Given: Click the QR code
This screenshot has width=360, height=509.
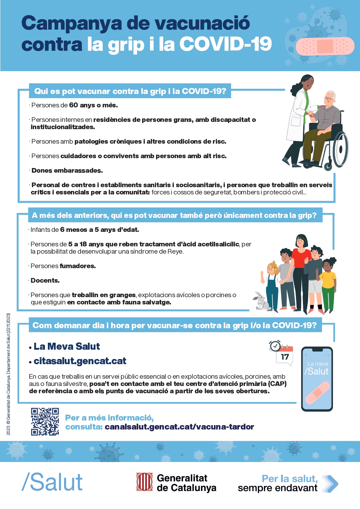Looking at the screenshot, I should pyautogui.click(x=45, y=421).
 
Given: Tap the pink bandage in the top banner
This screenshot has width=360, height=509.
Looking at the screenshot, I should pyautogui.click(x=325, y=46).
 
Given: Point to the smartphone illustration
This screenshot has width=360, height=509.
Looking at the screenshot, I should pyautogui.click(x=317, y=379).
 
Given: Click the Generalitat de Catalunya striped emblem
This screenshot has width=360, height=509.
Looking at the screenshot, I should pyautogui.click(x=144, y=482).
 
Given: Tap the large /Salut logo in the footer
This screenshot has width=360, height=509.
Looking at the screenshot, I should pyautogui.click(x=52, y=482).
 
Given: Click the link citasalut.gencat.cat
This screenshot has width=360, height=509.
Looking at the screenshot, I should pyautogui.click(x=80, y=361).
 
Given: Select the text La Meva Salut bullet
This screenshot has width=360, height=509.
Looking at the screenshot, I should pyautogui.click(x=67, y=346).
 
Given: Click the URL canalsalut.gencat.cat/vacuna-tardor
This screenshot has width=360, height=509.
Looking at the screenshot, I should pyautogui.click(x=179, y=427).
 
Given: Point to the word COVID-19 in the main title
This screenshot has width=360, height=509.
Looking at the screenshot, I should pyautogui.click(x=225, y=44).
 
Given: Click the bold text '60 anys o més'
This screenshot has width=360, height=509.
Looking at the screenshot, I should pyautogui.click(x=93, y=105).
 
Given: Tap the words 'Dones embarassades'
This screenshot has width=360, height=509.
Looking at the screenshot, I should pyautogui.click(x=67, y=171).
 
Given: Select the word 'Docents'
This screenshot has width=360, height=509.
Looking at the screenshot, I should pyautogui.click(x=45, y=281).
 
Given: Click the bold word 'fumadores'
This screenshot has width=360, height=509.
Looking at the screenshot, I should pyautogui.click(x=77, y=266).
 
